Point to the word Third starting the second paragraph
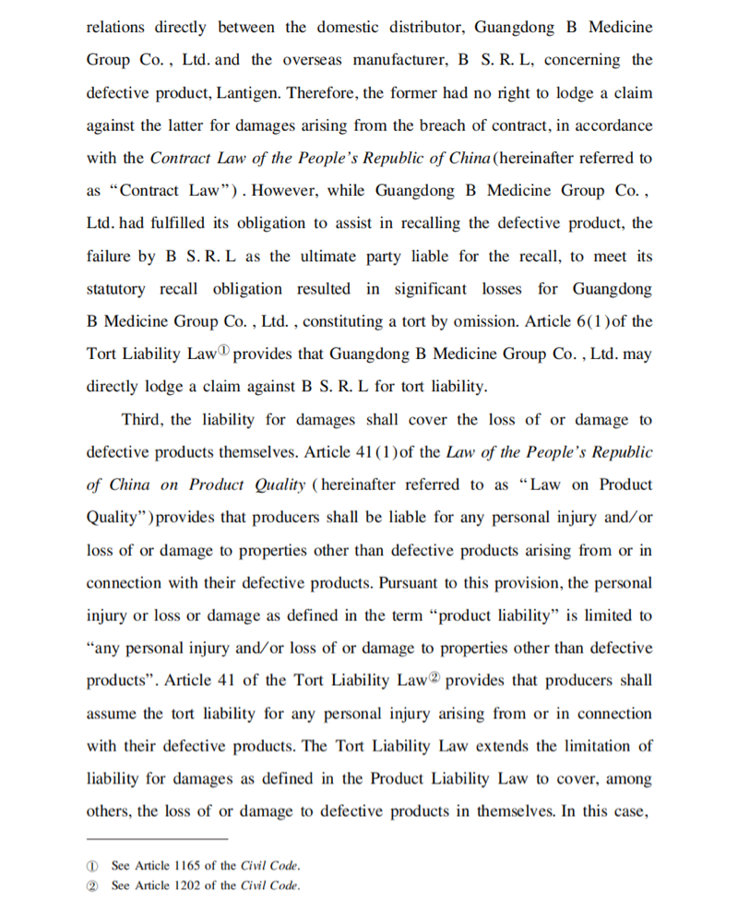[x=143, y=420]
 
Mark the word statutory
[x=115, y=289]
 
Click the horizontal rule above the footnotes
[x=156, y=839]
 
